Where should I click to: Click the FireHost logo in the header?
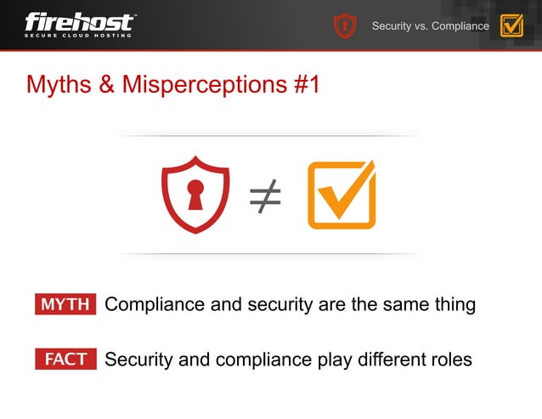pos(79,21)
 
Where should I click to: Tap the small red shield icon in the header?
pos(344,25)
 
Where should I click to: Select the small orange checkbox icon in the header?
pos(511,25)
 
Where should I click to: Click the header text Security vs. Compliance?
pos(430,26)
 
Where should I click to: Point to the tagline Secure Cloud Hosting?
pos(78,35)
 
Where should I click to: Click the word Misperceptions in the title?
pos(203,85)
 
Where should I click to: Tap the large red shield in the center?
pos(196,194)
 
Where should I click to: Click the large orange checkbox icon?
pos(341,195)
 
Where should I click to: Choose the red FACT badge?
pos(65,360)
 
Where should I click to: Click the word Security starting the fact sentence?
pos(138,360)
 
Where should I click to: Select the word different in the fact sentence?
pos(381,360)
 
